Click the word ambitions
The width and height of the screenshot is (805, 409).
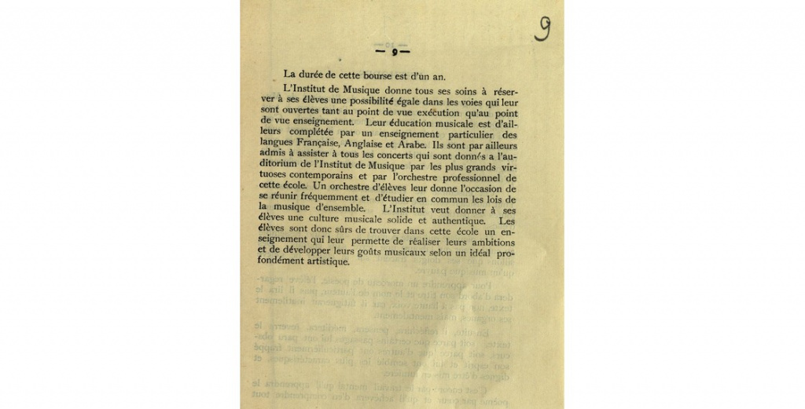pos(491,243)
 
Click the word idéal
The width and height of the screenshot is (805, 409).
pos(479,254)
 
